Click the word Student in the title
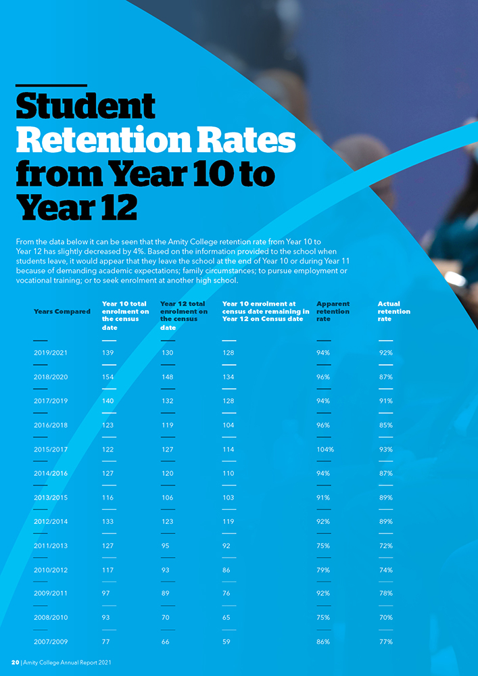(85, 107)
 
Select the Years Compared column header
(62, 312)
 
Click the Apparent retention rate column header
(333, 312)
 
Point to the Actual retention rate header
(393, 312)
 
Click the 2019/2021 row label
(50, 353)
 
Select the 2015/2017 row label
(50, 450)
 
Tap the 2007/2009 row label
(50, 642)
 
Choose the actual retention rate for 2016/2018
(385, 425)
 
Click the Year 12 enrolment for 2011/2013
(166, 546)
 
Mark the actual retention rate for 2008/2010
(385, 618)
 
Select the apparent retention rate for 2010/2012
(323, 570)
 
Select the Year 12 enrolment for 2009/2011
(166, 594)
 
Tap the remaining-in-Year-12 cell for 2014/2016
(229, 474)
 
